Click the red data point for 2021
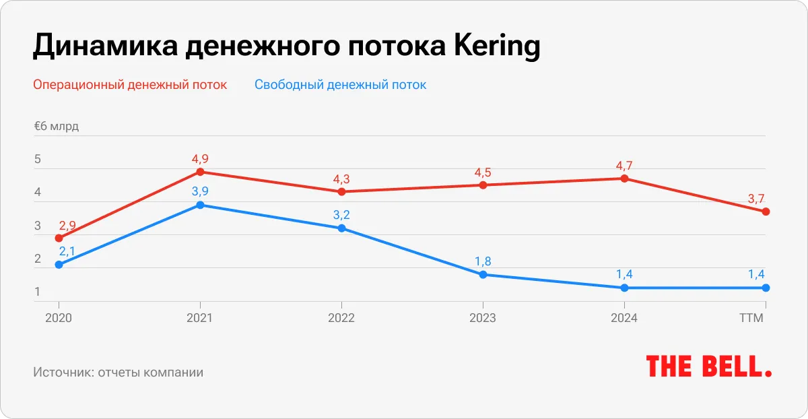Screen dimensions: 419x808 pos(200,172)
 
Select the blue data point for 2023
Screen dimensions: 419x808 pos(483,275)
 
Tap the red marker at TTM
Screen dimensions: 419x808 pos(766,212)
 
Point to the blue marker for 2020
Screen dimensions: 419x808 pos(59,265)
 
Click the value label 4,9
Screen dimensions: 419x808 pos(200,159)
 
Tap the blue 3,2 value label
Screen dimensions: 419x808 pos(341,216)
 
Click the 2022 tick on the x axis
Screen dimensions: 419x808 pos(341,318)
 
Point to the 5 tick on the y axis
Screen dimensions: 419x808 pos(38,160)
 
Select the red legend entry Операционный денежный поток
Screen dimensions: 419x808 pos(130,85)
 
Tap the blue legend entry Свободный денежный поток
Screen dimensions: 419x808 pos(340,85)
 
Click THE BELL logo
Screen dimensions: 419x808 pos(709,366)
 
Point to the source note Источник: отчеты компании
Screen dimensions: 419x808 pos(118,372)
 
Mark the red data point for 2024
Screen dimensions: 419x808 pos(624,179)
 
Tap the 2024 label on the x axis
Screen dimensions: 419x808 pos(624,318)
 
